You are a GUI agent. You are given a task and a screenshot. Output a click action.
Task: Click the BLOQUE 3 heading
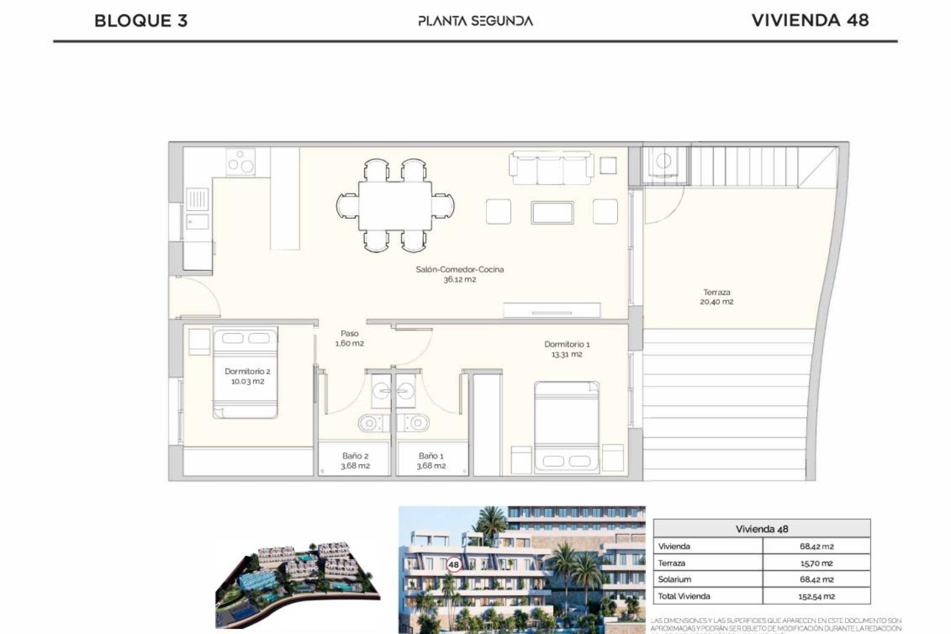coord(141,21)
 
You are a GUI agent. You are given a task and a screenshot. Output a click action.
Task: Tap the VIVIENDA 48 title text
coord(810,20)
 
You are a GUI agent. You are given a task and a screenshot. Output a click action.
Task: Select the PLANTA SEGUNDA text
coord(475,21)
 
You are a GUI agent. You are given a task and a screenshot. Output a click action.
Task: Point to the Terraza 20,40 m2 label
coord(716,297)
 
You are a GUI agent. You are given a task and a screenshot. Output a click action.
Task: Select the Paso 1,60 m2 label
coord(349,338)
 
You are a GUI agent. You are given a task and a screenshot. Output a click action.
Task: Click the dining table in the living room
coord(395,206)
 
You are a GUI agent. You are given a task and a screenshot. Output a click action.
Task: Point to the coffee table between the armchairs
coord(552,212)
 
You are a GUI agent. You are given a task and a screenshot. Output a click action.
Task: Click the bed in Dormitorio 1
coord(567,426)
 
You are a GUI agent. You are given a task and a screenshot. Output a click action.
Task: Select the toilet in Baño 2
coord(369,423)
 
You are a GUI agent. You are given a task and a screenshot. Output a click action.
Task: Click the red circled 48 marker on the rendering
coord(453,564)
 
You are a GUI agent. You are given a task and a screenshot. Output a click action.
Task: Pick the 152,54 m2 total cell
coord(816,596)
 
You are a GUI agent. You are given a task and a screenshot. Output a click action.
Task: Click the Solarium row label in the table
coord(674,579)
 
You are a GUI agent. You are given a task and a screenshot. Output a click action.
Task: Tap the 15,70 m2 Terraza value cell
coord(816,563)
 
